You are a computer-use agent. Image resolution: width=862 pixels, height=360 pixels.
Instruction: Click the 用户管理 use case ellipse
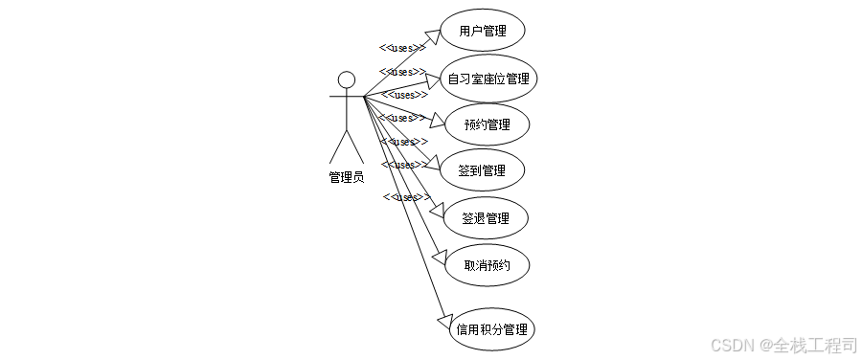point(483,32)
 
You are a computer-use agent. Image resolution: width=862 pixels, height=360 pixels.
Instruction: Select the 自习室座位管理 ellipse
point(488,79)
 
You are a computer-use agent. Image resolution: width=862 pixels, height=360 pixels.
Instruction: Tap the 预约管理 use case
point(488,124)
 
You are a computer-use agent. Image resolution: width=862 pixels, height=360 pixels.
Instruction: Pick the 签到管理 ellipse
point(483,170)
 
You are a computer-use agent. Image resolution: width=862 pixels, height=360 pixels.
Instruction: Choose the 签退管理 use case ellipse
point(487,217)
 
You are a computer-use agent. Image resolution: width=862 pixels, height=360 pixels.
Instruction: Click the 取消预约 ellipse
point(487,264)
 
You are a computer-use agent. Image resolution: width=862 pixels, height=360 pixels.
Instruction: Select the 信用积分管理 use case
point(491,329)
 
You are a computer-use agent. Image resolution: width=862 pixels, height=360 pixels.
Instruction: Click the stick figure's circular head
point(347,79)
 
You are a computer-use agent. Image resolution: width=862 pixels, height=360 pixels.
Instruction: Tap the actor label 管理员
point(346,176)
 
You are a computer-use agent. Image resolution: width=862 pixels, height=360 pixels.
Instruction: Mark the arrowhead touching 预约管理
point(438,121)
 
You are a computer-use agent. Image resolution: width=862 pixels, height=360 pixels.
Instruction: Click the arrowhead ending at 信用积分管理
point(442,321)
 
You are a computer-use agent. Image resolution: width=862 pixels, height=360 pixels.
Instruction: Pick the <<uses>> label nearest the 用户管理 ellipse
point(402,48)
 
